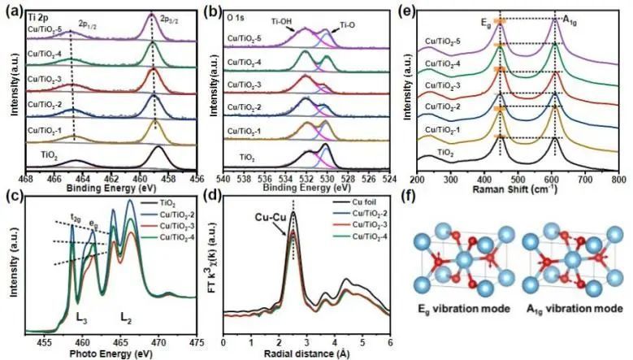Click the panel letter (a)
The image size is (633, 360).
tap(11, 11)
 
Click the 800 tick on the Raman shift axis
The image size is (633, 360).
tap(618, 176)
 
